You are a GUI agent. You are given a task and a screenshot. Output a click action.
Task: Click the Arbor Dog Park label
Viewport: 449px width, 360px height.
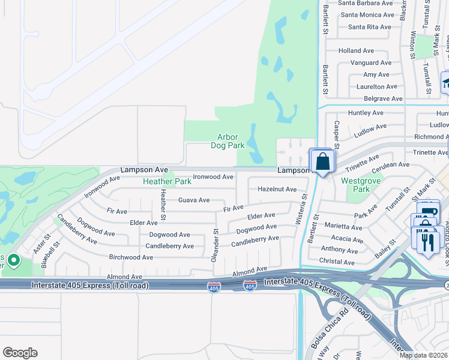point(228,141)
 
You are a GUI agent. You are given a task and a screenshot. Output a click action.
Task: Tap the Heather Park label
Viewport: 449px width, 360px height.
point(166,181)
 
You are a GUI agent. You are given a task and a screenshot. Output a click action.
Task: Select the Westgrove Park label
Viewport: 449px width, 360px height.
point(355,184)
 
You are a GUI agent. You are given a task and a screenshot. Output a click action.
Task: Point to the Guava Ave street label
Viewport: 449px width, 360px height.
point(194,200)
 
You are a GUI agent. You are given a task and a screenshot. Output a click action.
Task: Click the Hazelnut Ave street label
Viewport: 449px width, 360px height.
point(277,189)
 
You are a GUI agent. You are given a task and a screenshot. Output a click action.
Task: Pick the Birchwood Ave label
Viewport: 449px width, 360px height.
point(131,257)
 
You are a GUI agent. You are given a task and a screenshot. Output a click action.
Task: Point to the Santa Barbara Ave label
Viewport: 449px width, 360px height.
point(365,3)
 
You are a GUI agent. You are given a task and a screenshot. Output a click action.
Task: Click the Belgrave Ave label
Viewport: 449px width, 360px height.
point(379,98)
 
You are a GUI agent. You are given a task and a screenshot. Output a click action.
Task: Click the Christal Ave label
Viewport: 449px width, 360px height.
point(337,262)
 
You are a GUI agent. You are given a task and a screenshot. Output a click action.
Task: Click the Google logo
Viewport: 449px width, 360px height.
point(20,353)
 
